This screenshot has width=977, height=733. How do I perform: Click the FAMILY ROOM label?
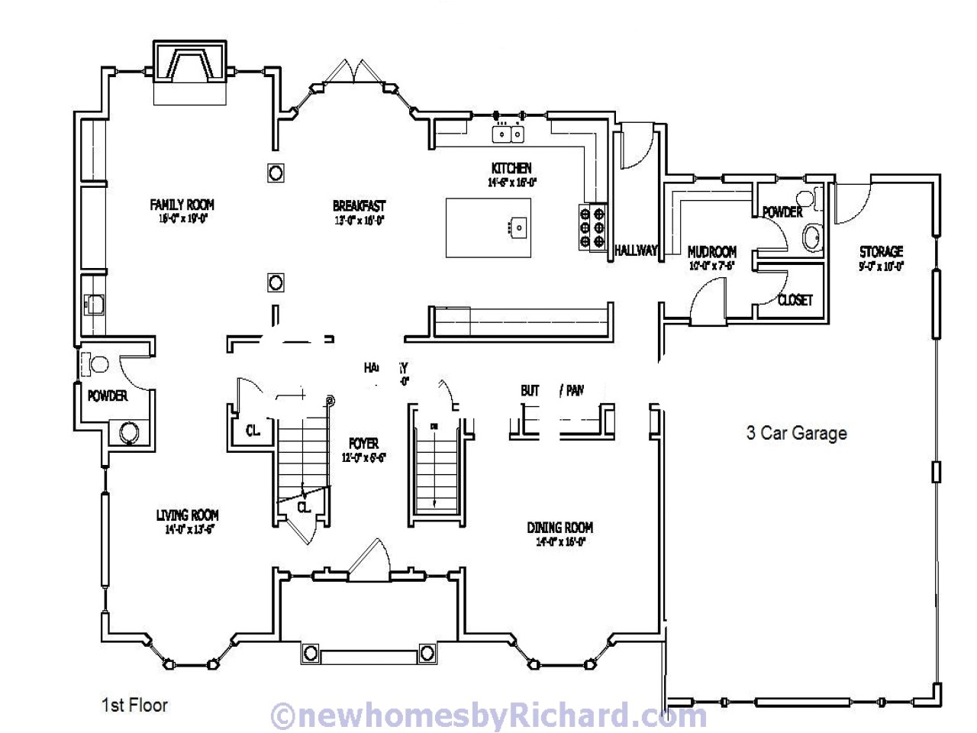[182, 205]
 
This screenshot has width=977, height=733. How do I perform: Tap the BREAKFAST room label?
[359, 206]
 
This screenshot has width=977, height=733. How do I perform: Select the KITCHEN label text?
[511, 168]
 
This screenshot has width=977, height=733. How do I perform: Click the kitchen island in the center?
[488, 228]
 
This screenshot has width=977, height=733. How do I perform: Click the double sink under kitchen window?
[509, 134]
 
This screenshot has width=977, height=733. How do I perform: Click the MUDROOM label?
[712, 252]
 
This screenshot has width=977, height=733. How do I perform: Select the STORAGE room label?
[881, 252]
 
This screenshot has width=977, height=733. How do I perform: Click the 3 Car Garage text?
[796, 434]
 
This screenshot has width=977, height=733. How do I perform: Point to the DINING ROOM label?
[559, 528]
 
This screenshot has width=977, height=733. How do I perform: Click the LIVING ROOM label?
[187, 515]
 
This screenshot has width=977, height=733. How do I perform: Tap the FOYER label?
[363, 444]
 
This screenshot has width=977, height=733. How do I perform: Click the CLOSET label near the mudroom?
[795, 300]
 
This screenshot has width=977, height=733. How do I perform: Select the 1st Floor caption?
[134, 704]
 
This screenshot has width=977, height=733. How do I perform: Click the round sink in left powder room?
[127, 433]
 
